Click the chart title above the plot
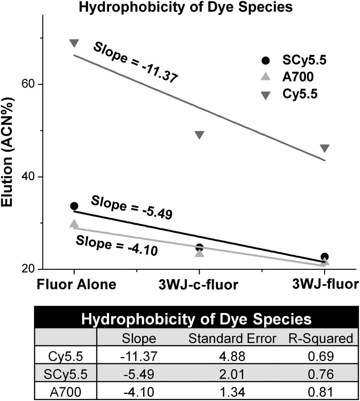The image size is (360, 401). coord(180,7)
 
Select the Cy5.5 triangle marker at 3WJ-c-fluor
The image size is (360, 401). coord(199,135)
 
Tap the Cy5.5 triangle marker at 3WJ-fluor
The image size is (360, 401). coord(324,148)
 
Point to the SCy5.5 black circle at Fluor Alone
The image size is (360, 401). coord(74,206)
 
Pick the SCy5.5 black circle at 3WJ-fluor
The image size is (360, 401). coord(324,257)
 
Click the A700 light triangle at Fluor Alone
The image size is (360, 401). coord(74,224)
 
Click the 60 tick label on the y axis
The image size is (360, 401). coord(30,85)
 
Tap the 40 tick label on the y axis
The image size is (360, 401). coord(30,177)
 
